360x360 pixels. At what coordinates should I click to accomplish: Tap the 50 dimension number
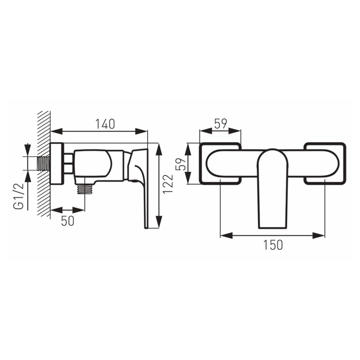[x=68, y=221]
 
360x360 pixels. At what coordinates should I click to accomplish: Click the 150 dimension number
[x=272, y=245]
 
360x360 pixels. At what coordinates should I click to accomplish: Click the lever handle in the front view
[x=272, y=187]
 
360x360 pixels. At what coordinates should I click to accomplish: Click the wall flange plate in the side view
[x=56, y=163]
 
